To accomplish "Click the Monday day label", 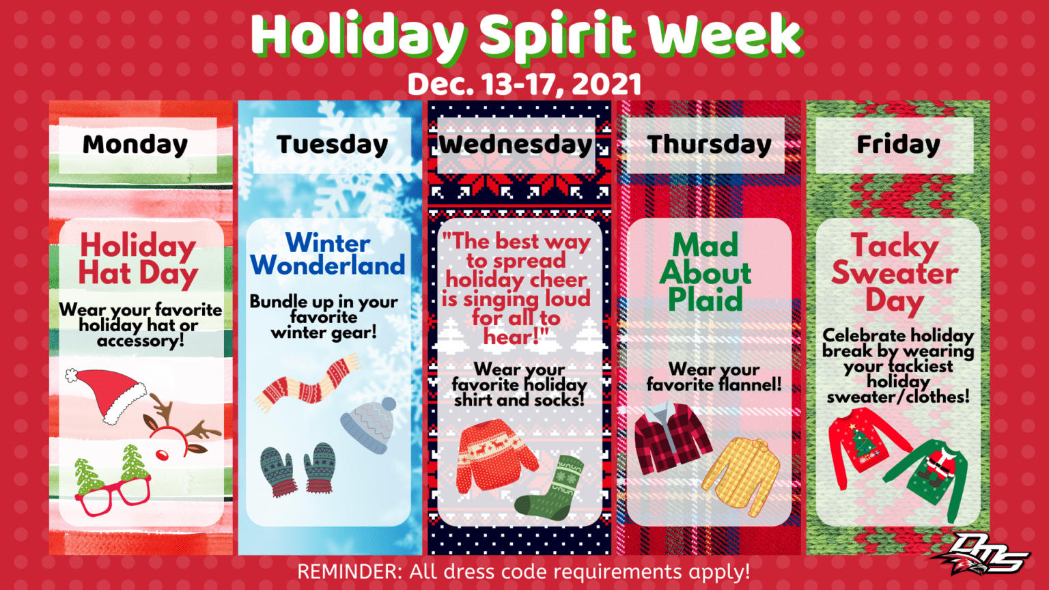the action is (x=135, y=145).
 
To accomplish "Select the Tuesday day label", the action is (x=332, y=145).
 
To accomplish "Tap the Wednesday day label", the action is (x=516, y=145).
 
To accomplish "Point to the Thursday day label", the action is (x=709, y=145).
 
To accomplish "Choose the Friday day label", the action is (x=898, y=145).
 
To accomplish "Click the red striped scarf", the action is (x=308, y=384).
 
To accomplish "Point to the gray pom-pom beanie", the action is (x=369, y=426).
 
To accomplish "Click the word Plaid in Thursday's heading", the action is (x=705, y=299).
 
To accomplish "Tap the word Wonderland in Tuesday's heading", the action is (x=327, y=265).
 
